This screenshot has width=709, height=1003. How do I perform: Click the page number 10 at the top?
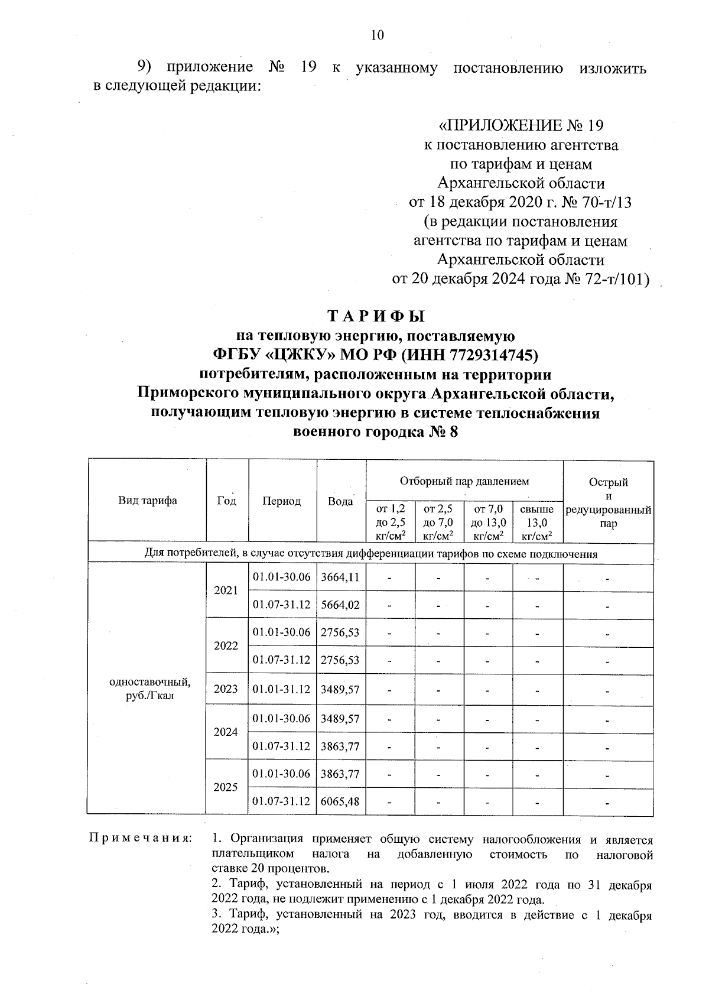377,35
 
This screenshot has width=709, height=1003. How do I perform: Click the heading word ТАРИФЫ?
376,316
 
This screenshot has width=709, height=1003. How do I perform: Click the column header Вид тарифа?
147,501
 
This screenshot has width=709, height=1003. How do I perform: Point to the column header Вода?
340,501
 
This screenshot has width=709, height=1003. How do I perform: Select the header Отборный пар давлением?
464,481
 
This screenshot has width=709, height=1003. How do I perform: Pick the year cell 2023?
226,689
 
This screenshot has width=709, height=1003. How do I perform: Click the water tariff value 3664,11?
340,577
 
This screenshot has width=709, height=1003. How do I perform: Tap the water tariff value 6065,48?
340,802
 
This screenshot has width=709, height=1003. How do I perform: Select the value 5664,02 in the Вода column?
340,605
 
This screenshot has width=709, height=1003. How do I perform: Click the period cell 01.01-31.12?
281,689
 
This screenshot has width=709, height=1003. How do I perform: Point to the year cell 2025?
226,787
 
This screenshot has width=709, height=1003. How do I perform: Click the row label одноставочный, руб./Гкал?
150,689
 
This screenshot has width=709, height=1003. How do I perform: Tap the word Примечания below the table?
140,839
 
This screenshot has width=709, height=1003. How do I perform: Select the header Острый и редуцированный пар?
608,502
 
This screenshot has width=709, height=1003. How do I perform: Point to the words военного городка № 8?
376,432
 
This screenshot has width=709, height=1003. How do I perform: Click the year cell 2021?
226,591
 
